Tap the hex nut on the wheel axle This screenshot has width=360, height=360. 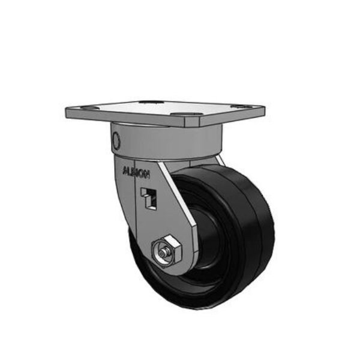tap(164, 250)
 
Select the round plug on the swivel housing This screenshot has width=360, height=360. tap(116, 140)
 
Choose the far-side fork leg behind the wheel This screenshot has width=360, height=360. tap(220, 161)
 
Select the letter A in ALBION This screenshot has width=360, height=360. tap(124, 170)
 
